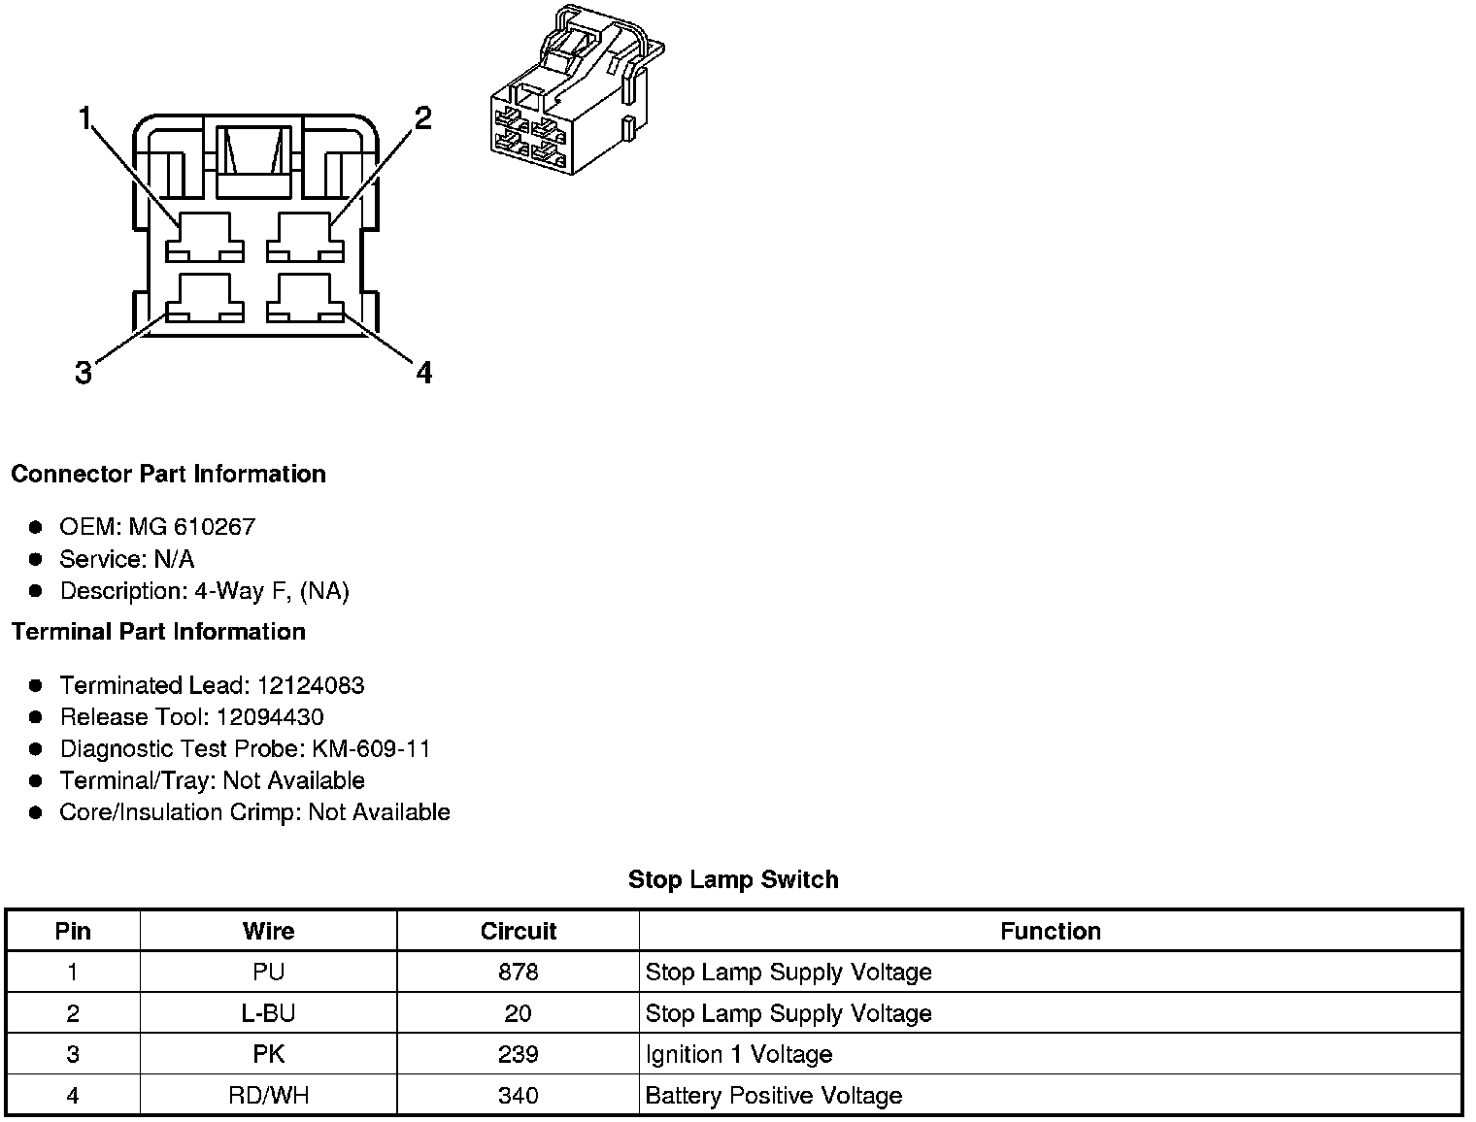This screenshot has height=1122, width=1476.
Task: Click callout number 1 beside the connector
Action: click(85, 119)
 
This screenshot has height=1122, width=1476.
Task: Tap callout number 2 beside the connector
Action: click(422, 118)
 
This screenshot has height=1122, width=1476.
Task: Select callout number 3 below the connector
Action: click(84, 373)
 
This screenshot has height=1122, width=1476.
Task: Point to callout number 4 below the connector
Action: click(423, 373)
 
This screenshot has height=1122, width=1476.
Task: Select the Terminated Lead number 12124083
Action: click(310, 685)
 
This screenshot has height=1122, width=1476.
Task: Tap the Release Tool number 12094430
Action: click(270, 717)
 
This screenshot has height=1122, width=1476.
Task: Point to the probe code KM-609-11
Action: click(372, 749)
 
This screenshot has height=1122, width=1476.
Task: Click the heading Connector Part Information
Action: click(168, 474)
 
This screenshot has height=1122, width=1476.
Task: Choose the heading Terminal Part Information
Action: click(158, 632)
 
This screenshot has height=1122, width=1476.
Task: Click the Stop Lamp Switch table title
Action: click(733, 879)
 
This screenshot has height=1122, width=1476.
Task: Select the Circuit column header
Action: click(519, 931)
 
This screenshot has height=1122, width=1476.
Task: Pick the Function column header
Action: click(1051, 931)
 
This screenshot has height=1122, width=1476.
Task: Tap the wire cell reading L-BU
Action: click(268, 1013)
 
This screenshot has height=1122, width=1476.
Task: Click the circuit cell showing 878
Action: click(518, 972)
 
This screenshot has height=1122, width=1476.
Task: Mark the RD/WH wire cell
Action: click(268, 1096)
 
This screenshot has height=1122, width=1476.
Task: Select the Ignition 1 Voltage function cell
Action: click(739, 1055)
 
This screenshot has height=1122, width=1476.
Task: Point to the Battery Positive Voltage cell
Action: click(774, 1096)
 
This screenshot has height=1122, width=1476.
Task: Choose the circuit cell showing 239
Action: click(518, 1055)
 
